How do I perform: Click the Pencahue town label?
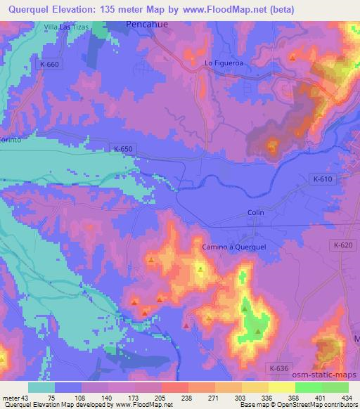[x=148, y=23]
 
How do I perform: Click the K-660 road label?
[x=51, y=64]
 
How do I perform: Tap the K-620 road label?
[x=342, y=245]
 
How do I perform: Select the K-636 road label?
[x=279, y=367]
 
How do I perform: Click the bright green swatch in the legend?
[x=308, y=387]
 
